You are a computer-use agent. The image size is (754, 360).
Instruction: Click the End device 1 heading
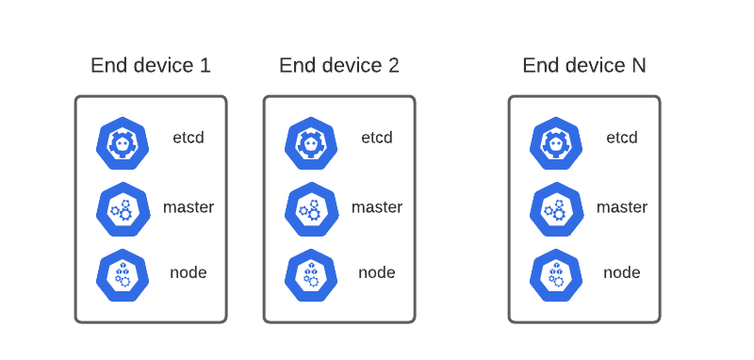coord(151,65)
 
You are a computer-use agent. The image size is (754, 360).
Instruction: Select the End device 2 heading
coord(339,65)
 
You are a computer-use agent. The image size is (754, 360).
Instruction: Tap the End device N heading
coord(584,65)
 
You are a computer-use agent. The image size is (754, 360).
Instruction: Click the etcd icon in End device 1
coord(123,142)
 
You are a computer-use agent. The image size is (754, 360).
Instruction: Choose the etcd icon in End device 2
coord(312,142)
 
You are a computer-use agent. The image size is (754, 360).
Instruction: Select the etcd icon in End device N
coord(557,142)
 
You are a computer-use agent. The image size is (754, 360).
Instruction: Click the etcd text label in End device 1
coord(188,138)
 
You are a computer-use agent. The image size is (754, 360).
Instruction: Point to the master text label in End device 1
coord(188,207)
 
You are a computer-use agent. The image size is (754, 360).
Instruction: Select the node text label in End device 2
coord(377,273)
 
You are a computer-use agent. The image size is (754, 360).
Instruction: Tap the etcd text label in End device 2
coord(377,138)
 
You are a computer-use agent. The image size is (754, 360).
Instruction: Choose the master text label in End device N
coord(622,207)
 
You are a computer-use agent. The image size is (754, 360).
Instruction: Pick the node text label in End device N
coord(622,273)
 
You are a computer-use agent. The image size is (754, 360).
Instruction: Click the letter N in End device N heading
coord(638,65)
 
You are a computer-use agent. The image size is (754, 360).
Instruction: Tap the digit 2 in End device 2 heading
coord(393,65)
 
